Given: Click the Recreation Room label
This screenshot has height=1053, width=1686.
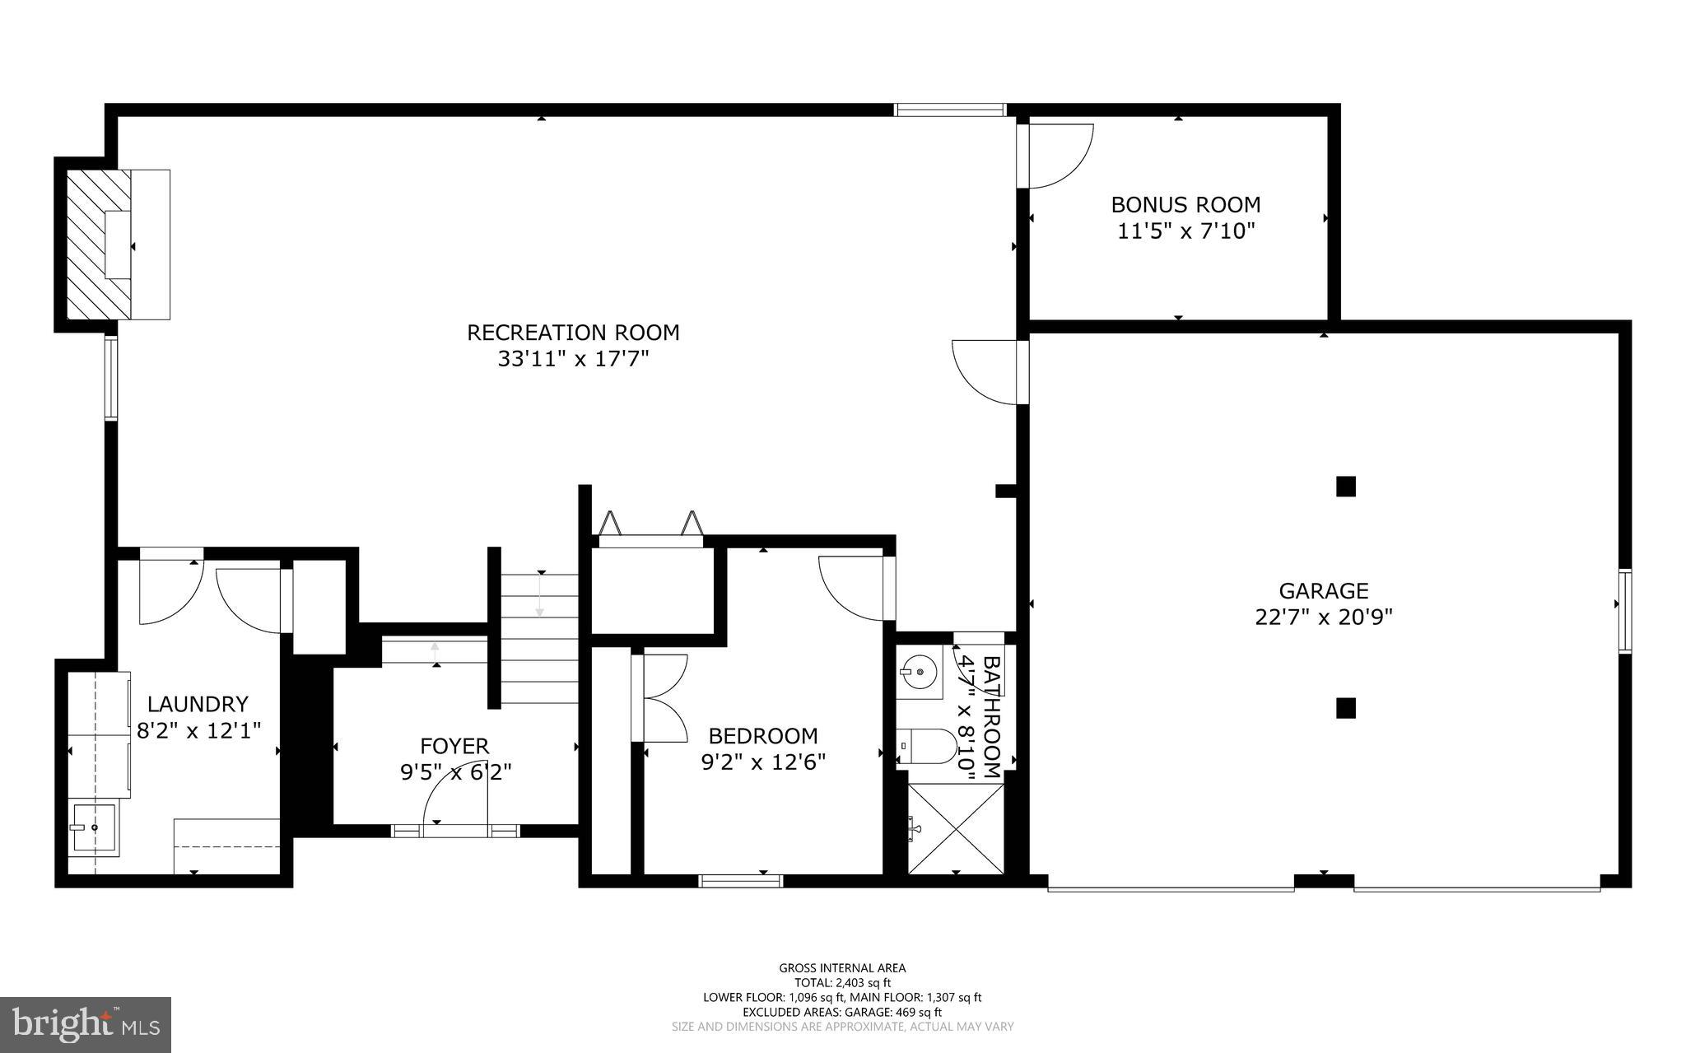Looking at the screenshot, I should point(573,333).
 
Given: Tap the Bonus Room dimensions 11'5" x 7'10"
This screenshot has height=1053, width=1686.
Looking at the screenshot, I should point(1185,231).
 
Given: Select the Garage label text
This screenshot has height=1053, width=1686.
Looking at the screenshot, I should point(1323,590).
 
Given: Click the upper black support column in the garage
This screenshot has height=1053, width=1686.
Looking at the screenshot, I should point(1345,487).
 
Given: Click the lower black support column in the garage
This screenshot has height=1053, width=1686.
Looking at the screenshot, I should point(1345,708).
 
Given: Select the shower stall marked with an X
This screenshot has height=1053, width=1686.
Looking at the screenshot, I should point(955,828).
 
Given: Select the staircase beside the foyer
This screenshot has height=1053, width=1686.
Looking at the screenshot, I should point(540,638).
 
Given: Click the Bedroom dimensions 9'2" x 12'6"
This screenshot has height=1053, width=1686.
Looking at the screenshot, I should point(763,762).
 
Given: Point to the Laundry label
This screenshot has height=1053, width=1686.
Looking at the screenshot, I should point(198,704).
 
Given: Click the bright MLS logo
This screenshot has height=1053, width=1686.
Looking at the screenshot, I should point(86,1024).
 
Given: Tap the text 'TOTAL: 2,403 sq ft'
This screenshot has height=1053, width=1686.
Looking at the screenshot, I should point(842,982).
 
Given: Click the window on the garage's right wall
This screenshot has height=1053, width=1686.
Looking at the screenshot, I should point(1625,613).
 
